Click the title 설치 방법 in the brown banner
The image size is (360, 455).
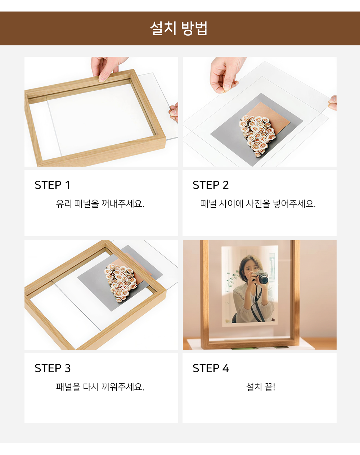179,28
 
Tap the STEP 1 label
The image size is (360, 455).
52,185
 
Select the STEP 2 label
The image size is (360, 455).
211,185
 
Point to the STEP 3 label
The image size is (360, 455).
53,368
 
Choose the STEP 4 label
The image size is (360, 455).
211,368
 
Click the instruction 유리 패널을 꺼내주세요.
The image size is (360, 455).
100,204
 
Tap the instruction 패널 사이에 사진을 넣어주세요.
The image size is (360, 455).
258,204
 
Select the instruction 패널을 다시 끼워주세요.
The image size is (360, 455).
100,387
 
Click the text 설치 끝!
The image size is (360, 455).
261,387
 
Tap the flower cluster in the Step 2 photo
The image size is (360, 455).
257,135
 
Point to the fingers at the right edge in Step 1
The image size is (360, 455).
174,112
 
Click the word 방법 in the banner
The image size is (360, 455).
194,28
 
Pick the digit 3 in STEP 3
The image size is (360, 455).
67,368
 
